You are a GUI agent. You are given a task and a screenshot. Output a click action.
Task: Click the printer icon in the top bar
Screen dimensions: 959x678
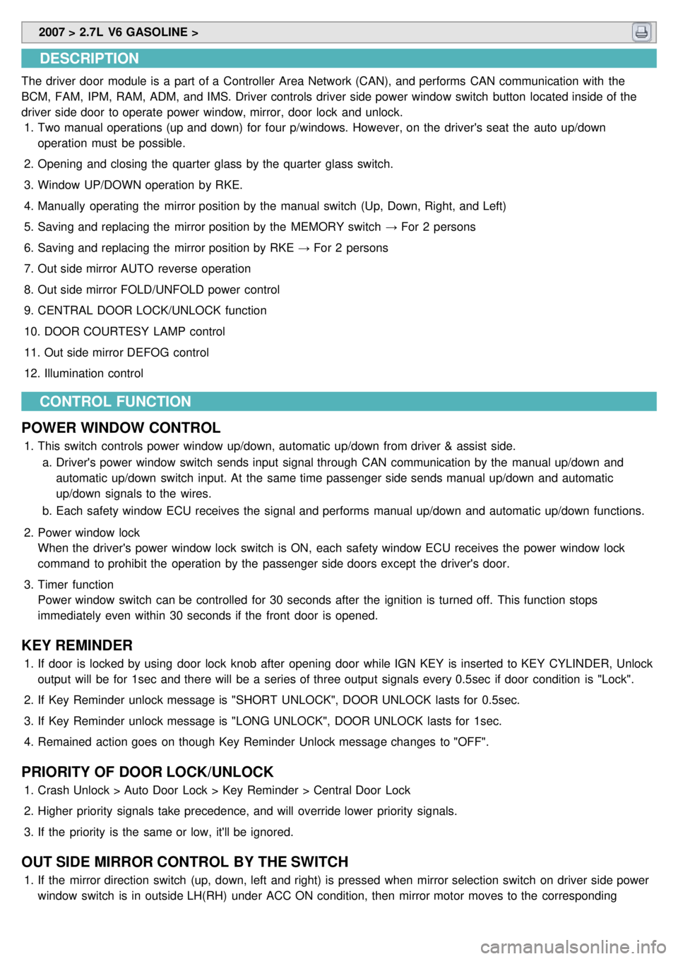pos(641,32)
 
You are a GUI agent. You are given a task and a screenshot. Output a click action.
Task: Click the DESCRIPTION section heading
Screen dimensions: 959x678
pos(89,59)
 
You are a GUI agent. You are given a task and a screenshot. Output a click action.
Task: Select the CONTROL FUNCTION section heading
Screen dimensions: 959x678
pos(115,402)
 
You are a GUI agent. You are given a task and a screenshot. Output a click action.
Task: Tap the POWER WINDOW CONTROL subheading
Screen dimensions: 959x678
pos(121,428)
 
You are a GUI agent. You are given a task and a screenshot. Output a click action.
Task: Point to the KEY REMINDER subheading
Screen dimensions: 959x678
pos(77,645)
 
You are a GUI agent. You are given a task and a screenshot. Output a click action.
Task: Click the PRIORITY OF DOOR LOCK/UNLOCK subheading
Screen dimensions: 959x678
pos(147,772)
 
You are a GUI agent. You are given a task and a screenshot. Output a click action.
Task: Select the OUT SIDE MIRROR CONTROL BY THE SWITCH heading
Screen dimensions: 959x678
pos(184,862)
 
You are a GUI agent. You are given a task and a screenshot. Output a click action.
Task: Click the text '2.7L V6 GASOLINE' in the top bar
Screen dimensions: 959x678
pos(133,32)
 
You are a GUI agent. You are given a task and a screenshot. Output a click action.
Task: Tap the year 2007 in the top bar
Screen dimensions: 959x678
pos(52,32)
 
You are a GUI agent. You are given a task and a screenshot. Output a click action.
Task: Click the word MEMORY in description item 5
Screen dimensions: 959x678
pos(317,227)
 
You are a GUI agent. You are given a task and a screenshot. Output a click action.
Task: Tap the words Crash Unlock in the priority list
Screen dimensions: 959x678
pos(73,790)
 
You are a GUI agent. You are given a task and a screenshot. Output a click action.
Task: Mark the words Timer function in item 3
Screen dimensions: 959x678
pos(76,585)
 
